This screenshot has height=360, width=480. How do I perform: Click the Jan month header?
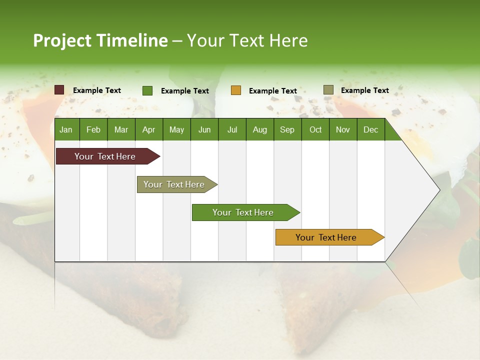66,130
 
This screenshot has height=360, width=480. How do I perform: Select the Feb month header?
93,130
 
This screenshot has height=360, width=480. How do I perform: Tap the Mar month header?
121,130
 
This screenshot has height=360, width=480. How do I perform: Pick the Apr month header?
148,130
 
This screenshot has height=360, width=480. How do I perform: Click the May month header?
176,130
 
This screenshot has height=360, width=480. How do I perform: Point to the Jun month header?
204,130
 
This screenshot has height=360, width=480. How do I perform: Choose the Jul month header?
232,130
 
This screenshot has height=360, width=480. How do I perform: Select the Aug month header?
260,130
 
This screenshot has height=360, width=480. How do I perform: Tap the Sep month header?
287,130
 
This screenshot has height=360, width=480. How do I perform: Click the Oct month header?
315,130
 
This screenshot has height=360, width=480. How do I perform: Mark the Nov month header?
343,130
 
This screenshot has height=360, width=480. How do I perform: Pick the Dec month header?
370,130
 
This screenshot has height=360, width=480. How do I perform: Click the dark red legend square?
59,90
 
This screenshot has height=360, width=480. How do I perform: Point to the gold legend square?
236,90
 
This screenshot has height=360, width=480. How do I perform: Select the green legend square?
147,90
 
